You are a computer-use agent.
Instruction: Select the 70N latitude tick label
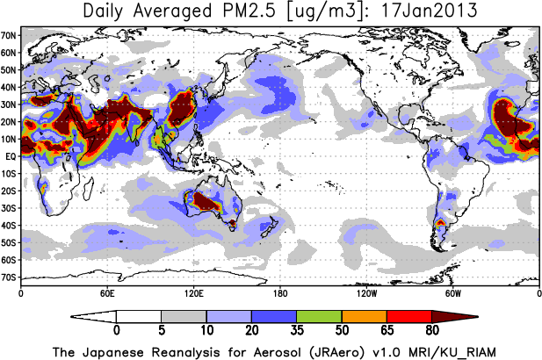pyautogui.click(x=10, y=36)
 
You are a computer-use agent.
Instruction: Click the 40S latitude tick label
pyautogui.click(x=10, y=226)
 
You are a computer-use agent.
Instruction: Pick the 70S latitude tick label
pyautogui.click(x=10, y=277)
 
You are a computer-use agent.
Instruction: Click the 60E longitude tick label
pyautogui.click(x=106, y=292)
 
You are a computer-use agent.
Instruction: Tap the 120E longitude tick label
pyautogui.click(x=192, y=292)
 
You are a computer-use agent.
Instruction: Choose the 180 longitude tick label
pyautogui.click(x=279, y=292)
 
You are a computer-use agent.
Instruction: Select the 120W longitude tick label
pyautogui.click(x=365, y=292)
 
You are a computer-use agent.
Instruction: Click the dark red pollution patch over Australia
pyautogui.click(x=209, y=203)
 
